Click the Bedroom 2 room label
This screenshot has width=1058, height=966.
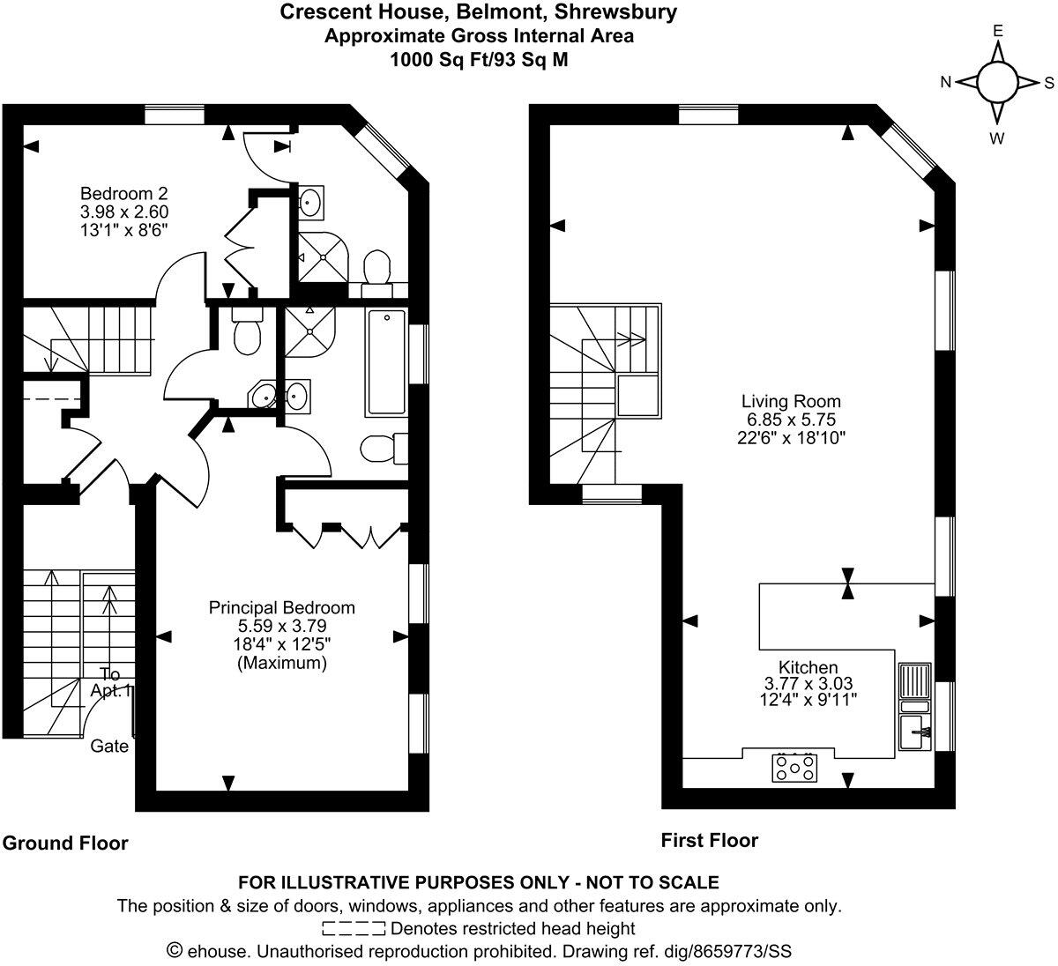(x=124, y=194)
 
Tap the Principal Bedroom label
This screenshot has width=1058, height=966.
(x=281, y=608)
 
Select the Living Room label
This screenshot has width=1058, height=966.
(x=791, y=402)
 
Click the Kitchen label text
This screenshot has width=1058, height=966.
(x=808, y=667)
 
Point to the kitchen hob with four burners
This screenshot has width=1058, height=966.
(x=794, y=767)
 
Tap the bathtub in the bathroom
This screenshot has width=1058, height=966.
(x=386, y=362)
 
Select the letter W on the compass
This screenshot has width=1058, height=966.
(x=998, y=137)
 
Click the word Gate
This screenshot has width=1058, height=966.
(x=109, y=747)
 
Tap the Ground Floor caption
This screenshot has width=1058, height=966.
(x=65, y=843)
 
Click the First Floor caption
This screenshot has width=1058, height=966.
(x=709, y=841)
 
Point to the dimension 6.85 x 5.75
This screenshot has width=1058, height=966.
(x=791, y=420)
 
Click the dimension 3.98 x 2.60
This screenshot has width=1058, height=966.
(x=124, y=212)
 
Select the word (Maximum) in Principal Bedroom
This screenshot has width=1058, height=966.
(x=281, y=663)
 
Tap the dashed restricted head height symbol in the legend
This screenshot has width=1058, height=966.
(x=354, y=928)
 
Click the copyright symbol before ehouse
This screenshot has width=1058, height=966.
(x=175, y=951)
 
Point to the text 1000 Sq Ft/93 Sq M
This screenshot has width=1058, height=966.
(x=479, y=60)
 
